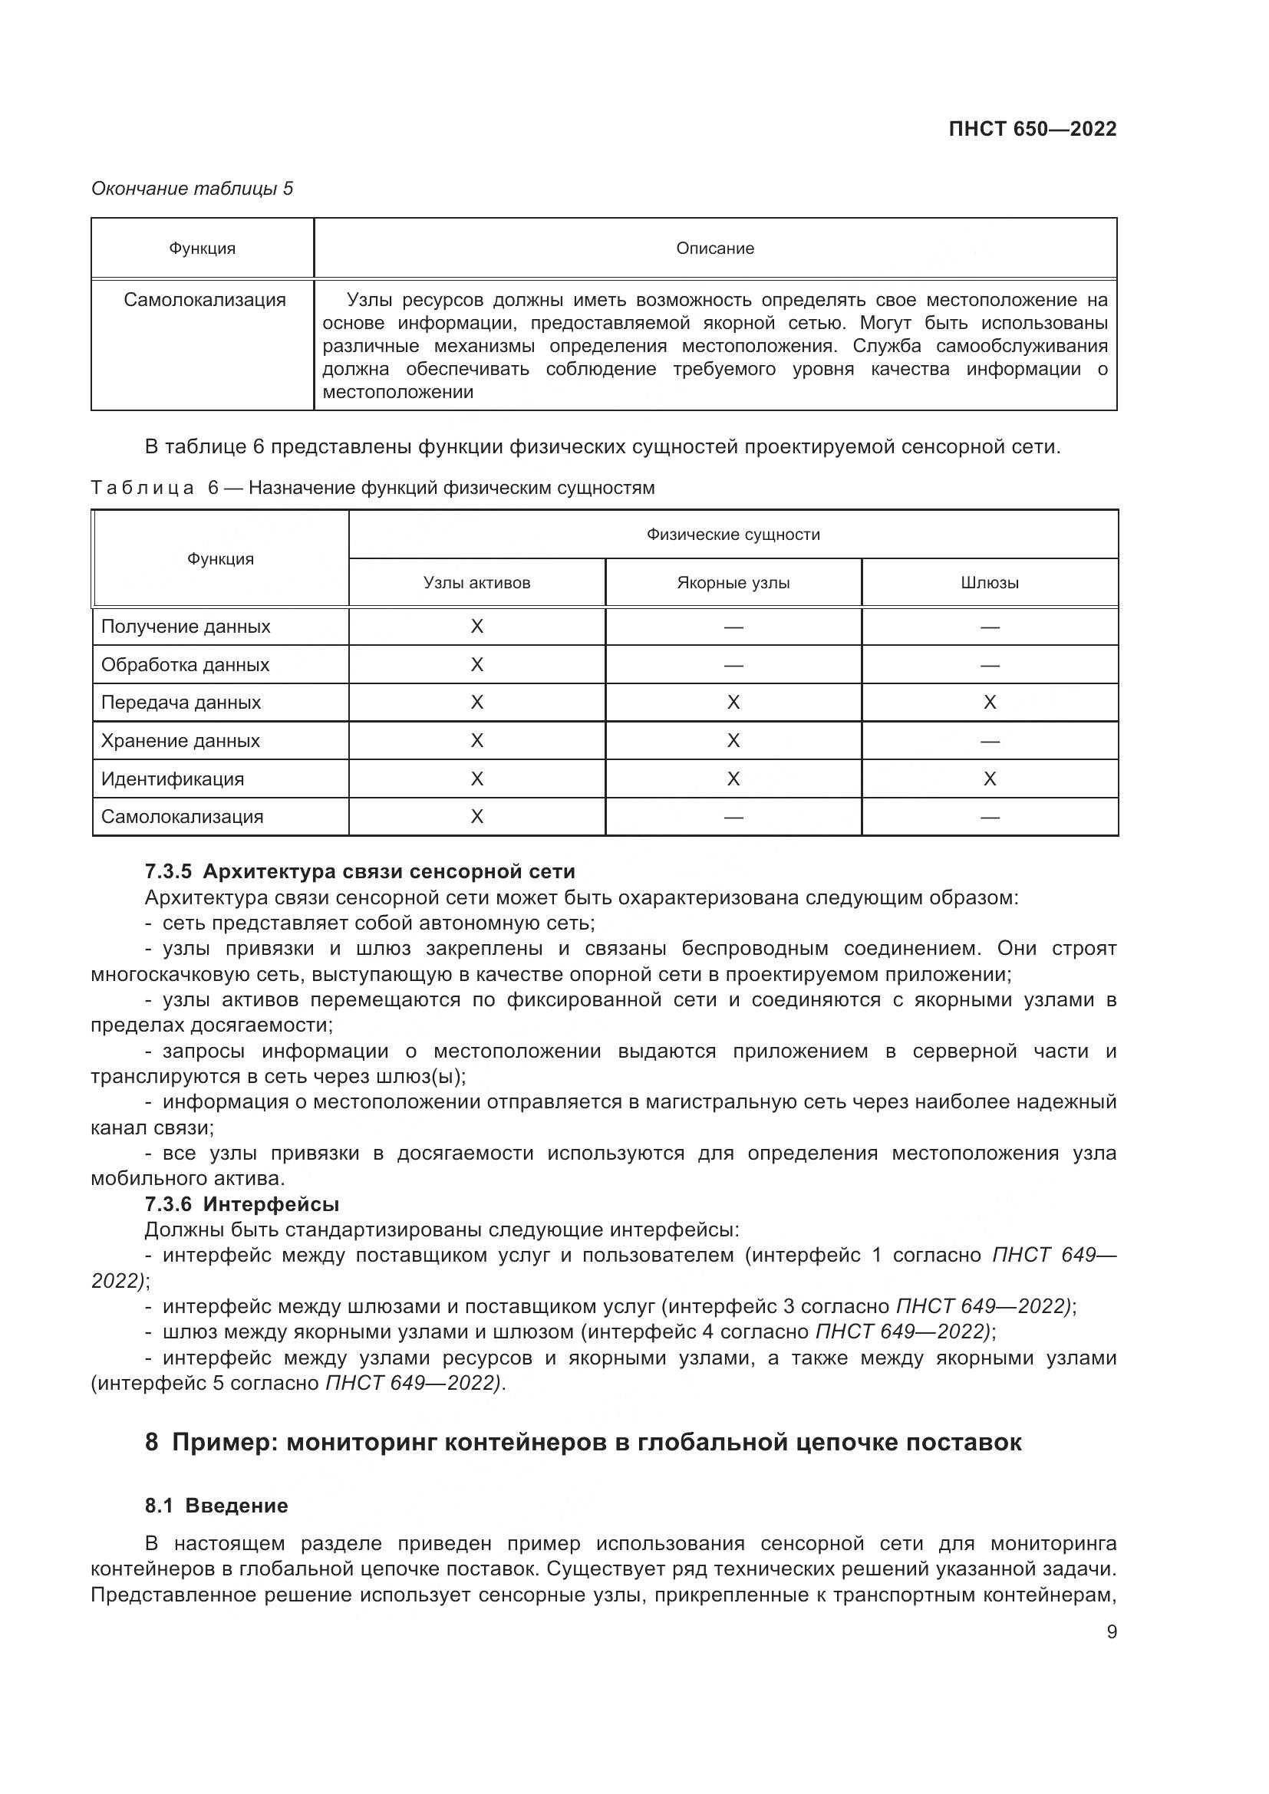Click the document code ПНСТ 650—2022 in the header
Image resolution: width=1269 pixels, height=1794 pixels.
(1031, 129)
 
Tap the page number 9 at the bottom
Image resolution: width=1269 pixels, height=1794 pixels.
(1111, 1631)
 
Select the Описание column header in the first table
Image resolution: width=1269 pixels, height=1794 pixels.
(714, 249)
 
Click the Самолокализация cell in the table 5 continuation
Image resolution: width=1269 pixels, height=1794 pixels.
(205, 300)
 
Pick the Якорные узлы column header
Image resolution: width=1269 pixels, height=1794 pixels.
(733, 583)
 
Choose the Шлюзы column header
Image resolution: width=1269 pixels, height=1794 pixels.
(989, 583)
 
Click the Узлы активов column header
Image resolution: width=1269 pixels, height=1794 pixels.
(476, 583)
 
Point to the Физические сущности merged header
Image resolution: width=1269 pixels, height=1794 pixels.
(733, 535)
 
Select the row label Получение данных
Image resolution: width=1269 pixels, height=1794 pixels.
(186, 627)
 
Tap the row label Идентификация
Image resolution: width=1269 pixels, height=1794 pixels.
(173, 779)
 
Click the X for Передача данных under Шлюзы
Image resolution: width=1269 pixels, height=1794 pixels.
(989, 703)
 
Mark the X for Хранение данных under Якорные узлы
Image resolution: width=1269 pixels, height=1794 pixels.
(733, 741)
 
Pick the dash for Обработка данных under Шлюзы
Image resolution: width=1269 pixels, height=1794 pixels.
(989, 665)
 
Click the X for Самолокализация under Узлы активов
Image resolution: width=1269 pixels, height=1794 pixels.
(476, 817)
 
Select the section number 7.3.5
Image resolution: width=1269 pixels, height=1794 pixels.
(168, 871)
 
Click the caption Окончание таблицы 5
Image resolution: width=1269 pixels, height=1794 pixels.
(193, 189)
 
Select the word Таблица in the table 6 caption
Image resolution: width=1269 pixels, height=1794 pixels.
(142, 489)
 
